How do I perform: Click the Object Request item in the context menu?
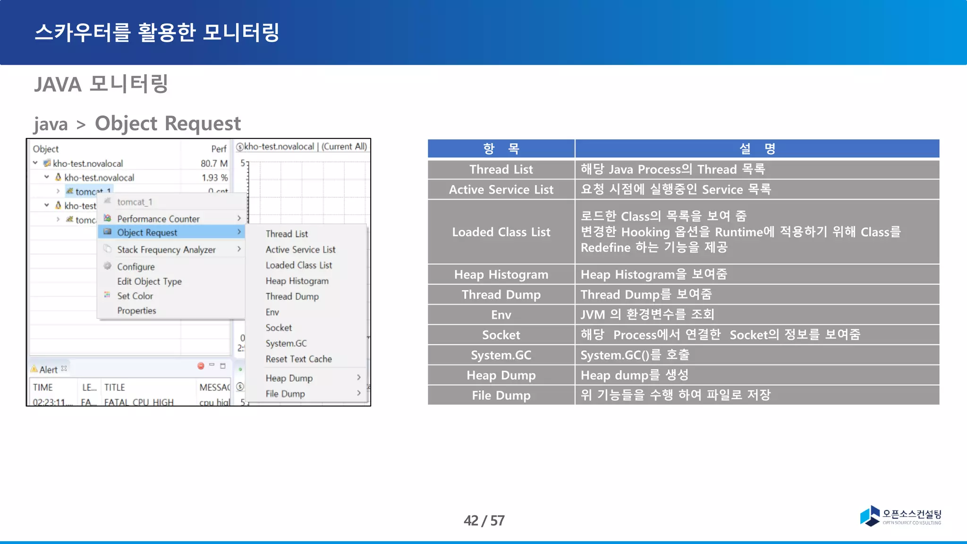coord(147,232)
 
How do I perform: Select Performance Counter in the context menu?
coord(158,219)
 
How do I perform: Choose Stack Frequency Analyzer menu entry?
coord(166,250)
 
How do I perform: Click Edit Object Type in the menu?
coord(149,281)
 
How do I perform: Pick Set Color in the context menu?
coord(135,296)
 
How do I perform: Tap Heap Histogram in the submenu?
coord(297,281)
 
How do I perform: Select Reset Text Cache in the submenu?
coord(298,359)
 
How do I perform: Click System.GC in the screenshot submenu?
coord(286,343)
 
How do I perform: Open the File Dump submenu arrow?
coord(359,393)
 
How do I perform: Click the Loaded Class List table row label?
coord(501,232)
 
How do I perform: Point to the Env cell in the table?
coord(501,314)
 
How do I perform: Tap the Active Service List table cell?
coord(501,189)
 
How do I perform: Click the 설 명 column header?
coord(757,149)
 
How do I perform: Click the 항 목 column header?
coord(501,149)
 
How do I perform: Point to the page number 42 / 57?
coord(484,520)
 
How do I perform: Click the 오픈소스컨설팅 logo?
coord(900,516)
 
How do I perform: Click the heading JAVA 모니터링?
coord(101,84)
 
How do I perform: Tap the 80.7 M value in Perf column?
coord(214,163)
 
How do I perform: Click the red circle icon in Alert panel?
coord(201,366)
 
